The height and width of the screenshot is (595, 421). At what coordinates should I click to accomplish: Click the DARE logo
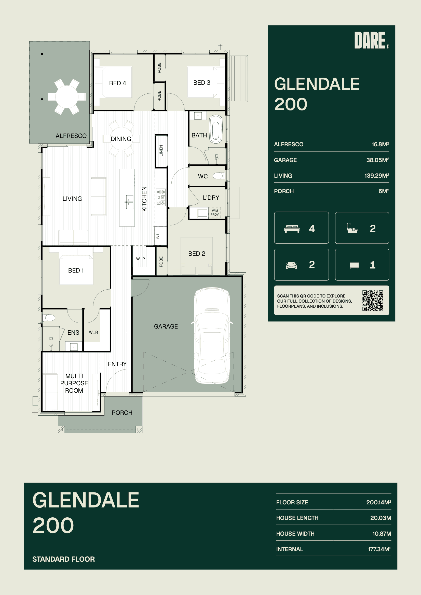pyautogui.click(x=371, y=40)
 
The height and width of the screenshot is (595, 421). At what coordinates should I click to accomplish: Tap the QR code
pyautogui.click(x=373, y=301)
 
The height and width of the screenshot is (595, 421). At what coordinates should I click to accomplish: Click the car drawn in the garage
pyautogui.click(x=212, y=335)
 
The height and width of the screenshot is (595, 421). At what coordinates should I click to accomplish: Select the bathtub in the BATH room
pyautogui.click(x=216, y=129)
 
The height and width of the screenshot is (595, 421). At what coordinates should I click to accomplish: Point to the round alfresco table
pyautogui.click(x=67, y=97)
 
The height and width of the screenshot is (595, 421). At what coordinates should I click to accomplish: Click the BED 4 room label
pyautogui.click(x=117, y=83)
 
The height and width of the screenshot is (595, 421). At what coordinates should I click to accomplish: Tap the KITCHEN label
pyautogui.click(x=144, y=199)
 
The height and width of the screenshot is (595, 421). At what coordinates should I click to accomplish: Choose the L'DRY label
pyautogui.click(x=211, y=198)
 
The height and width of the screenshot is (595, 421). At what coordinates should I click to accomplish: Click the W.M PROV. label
pyautogui.click(x=215, y=212)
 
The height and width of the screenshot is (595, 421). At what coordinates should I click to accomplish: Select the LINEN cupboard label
pyautogui.click(x=161, y=151)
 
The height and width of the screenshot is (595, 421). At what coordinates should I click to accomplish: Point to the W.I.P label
pyautogui.click(x=140, y=259)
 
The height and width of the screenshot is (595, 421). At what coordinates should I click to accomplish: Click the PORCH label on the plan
pyautogui.click(x=122, y=413)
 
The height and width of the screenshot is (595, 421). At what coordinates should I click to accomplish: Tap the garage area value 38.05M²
pyautogui.click(x=377, y=160)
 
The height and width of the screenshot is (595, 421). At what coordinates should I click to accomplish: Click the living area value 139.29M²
pyautogui.click(x=377, y=175)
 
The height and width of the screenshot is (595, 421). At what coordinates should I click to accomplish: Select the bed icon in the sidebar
pyautogui.click(x=292, y=229)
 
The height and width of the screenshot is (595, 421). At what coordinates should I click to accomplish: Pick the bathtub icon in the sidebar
pyautogui.click(x=352, y=228)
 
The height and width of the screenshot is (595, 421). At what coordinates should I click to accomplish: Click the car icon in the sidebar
pyautogui.click(x=291, y=265)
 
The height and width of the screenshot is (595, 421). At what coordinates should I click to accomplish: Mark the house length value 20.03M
pyautogui.click(x=381, y=518)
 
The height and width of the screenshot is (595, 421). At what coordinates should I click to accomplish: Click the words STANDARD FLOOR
pyautogui.click(x=64, y=559)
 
